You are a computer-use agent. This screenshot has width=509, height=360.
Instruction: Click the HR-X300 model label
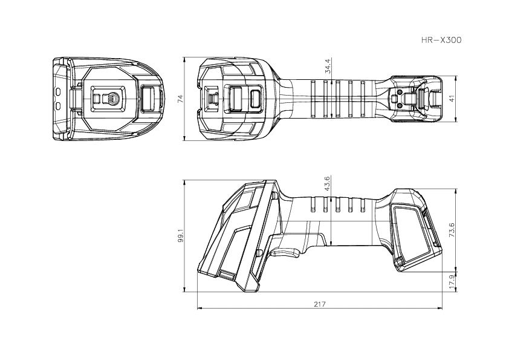point(441,41)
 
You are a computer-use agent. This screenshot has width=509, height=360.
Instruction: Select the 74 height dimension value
point(179,99)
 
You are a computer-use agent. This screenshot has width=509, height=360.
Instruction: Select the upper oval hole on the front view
point(58,91)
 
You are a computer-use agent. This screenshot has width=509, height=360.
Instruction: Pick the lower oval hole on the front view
point(58,106)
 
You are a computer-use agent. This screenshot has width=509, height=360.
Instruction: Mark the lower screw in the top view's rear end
point(400,106)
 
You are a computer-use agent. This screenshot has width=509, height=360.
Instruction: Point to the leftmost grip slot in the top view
point(314,99)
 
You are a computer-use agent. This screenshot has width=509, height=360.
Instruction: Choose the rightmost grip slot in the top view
point(362,99)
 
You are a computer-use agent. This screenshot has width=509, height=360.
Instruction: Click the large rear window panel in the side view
point(412,230)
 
